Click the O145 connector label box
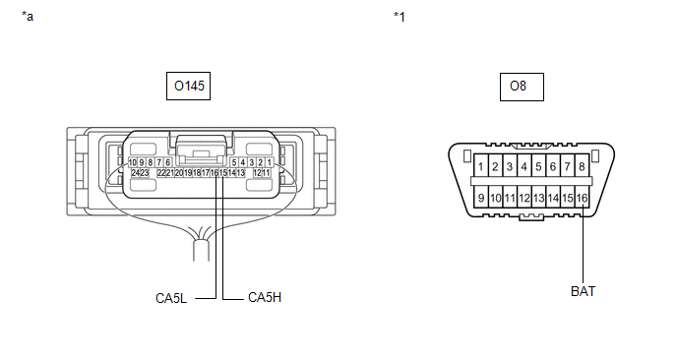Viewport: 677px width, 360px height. pyautogui.click(x=188, y=86)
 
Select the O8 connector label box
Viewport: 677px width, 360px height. pyautogui.click(x=522, y=87)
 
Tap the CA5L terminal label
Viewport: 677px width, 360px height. pyautogui.click(x=171, y=298)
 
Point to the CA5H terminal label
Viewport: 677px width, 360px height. pyautogui.click(x=265, y=297)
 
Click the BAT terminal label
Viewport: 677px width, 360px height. pyautogui.click(x=583, y=291)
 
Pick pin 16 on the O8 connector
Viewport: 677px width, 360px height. pyautogui.click(x=582, y=198)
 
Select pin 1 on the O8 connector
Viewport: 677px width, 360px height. pyautogui.click(x=481, y=166)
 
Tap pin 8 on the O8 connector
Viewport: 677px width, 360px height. pyautogui.click(x=582, y=166)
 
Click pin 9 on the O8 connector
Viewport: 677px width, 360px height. pyautogui.click(x=481, y=198)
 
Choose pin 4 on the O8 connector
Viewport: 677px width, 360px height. pyautogui.click(x=524, y=166)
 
